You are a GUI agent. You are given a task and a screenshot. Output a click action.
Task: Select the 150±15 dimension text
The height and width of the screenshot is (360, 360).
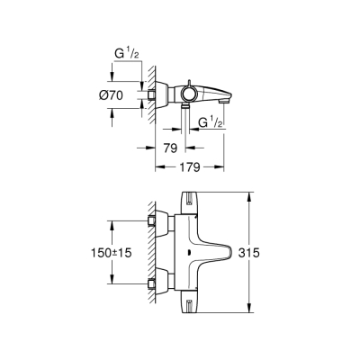(111, 254)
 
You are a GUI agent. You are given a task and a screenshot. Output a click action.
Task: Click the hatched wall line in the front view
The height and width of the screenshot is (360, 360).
(144, 254)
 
